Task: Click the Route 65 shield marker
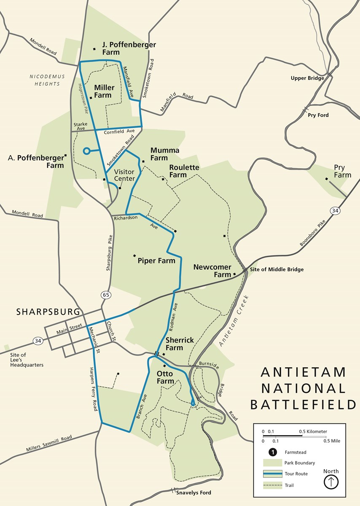(106, 295)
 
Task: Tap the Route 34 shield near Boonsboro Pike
(335, 211)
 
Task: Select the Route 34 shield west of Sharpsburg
(38, 341)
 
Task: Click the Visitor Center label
(125, 175)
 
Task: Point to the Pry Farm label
(342, 171)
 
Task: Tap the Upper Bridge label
(307, 78)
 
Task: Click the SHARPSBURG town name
(48, 312)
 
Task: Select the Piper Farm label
(156, 261)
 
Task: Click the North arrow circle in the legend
(331, 482)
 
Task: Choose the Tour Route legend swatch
(273, 474)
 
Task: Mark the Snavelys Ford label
(194, 493)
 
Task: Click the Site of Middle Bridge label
(277, 269)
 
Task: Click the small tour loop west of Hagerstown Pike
(87, 151)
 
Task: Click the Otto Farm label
(165, 377)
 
